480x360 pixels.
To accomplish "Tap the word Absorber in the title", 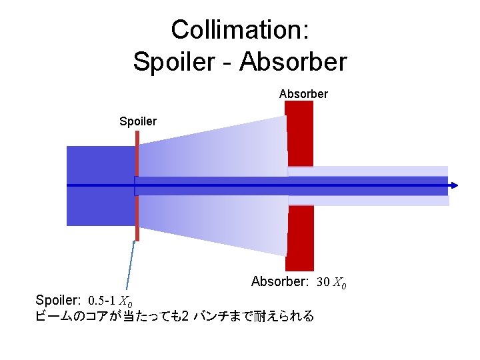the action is [x=293, y=62].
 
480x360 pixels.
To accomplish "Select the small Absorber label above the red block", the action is [x=303, y=94].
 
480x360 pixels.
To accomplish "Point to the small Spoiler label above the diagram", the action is [x=138, y=121].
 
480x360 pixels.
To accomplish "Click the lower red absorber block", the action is [x=300, y=237].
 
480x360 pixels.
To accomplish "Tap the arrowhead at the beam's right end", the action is [x=454, y=185].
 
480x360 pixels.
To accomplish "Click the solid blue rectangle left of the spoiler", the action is [x=100, y=185].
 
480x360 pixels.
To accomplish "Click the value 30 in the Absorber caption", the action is [x=323, y=282].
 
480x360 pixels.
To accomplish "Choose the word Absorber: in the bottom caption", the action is [x=279, y=282].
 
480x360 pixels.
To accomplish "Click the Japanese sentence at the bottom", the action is [x=173, y=316].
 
